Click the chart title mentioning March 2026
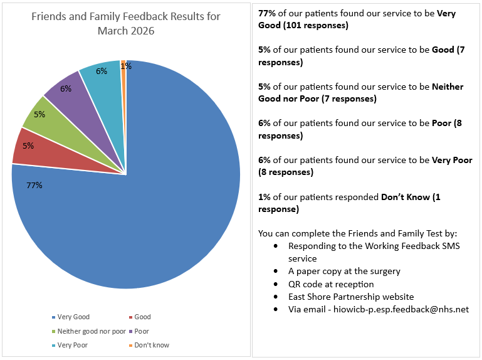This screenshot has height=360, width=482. coord(126,23)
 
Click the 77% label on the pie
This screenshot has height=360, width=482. coord(34,185)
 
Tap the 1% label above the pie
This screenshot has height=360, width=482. coord(126,66)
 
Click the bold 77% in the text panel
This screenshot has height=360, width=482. coord(268,14)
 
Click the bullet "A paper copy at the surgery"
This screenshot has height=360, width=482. coord(344,271)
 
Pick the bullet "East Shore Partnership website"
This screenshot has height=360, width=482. coord(351,297)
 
